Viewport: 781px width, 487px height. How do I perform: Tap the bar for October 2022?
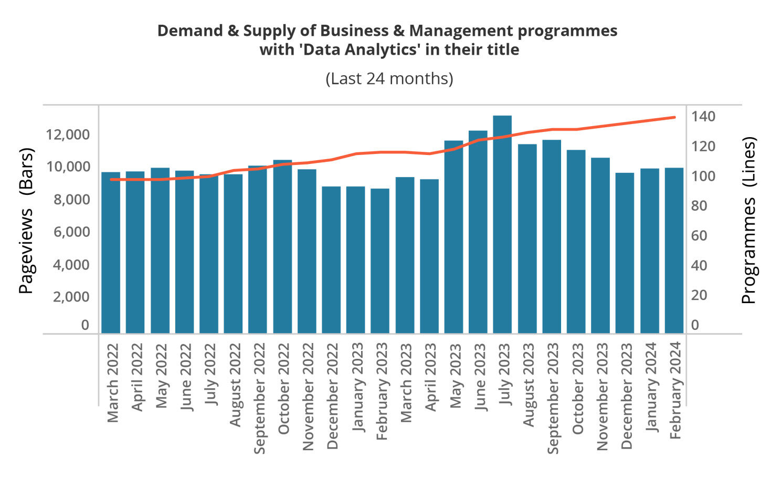(282, 246)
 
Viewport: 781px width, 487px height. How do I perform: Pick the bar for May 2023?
(453, 237)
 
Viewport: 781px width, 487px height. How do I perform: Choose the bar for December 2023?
(625, 253)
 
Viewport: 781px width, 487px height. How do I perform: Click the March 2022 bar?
(111, 252)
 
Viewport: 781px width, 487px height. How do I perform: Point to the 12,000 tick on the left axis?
(68, 134)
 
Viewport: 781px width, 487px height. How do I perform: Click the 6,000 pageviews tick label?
(71, 232)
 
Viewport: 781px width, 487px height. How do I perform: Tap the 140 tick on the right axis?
(702, 117)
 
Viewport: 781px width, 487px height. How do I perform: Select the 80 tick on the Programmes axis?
(699, 206)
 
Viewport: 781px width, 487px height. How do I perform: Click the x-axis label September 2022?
(260, 398)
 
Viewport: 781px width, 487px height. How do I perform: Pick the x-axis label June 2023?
(480, 377)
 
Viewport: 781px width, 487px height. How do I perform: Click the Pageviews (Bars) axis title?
(26, 221)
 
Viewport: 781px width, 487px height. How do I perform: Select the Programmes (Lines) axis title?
(748, 221)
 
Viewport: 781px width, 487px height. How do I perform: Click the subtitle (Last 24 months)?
(389, 78)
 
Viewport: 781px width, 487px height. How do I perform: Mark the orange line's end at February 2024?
(674, 117)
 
